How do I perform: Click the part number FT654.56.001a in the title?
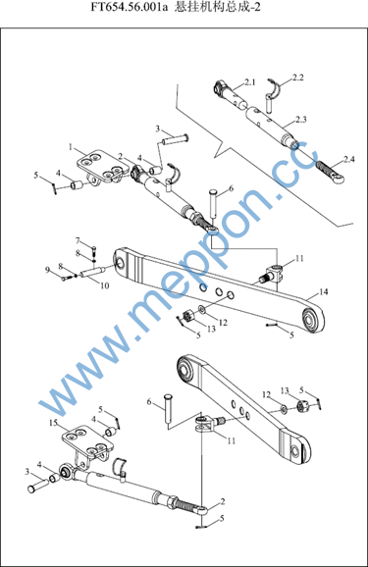click(x=130, y=7)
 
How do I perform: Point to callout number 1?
click(x=71, y=147)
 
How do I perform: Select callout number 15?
click(x=54, y=423)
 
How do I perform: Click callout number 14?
click(x=324, y=291)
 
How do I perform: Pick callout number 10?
click(x=105, y=285)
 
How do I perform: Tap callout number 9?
click(x=47, y=270)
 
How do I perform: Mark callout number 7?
click(x=78, y=240)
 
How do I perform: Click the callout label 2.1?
click(x=249, y=82)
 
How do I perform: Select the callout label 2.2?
click(x=297, y=77)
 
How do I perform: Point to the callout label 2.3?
click(x=300, y=120)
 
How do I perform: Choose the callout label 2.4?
click(x=348, y=159)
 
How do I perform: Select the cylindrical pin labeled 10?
click(x=92, y=272)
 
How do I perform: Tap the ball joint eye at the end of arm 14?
click(x=313, y=320)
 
